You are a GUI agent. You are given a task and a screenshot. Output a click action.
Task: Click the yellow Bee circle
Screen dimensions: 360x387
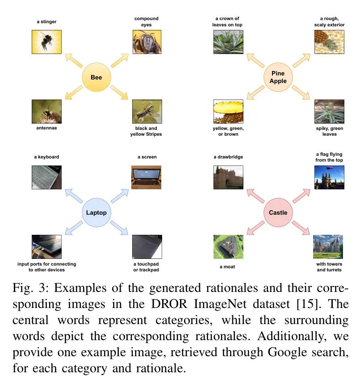(96, 77)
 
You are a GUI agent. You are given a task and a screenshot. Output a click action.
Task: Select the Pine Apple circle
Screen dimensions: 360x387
(278, 77)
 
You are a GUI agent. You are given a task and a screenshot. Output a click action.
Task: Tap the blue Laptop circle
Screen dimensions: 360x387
(96, 212)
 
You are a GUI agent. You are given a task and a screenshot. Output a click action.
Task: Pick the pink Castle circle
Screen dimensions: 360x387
(278, 212)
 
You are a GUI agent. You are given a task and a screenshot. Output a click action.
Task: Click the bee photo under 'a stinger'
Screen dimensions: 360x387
(46, 42)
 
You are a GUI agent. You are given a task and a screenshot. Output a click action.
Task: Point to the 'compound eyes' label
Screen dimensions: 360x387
(147, 22)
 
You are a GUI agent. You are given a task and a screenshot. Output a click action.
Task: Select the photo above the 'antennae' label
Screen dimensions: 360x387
(46, 112)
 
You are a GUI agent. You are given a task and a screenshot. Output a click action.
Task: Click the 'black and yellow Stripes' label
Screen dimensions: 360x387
(146, 131)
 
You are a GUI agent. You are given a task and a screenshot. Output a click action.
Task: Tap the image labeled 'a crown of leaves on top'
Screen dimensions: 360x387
(228, 42)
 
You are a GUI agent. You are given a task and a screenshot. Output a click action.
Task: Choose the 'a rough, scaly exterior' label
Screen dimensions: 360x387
(329, 22)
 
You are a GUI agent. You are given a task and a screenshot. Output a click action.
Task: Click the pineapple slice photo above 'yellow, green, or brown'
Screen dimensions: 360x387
(228, 112)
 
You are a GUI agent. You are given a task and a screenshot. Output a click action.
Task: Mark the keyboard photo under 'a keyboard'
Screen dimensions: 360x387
(46, 178)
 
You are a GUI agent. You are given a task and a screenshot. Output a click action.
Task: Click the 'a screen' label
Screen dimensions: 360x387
(147, 157)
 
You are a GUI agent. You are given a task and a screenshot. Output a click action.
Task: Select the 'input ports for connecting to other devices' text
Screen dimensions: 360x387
(46, 267)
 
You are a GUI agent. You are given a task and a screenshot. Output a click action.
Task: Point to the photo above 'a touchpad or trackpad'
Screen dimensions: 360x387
(147, 247)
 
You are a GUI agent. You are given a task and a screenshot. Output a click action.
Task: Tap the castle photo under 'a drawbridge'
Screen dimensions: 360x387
(228, 178)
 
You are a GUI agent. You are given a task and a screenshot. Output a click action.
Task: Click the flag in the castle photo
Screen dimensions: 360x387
(330, 168)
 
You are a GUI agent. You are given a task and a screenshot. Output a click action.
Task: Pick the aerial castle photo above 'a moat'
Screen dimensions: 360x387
(228, 247)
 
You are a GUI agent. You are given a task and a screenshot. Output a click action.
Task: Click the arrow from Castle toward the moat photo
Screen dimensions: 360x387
(255, 228)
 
